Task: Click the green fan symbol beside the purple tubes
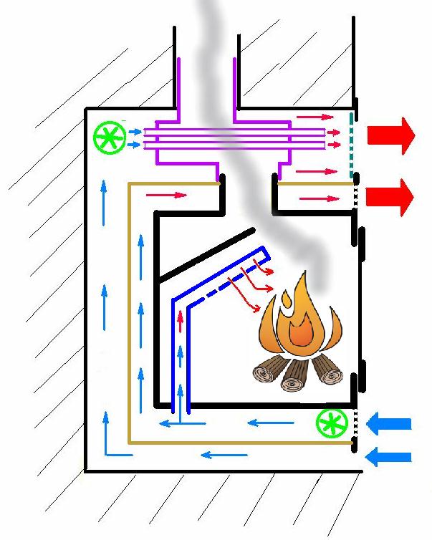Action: tap(109, 138)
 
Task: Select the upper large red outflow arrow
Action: tap(390, 135)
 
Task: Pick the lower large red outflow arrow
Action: tap(390, 196)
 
